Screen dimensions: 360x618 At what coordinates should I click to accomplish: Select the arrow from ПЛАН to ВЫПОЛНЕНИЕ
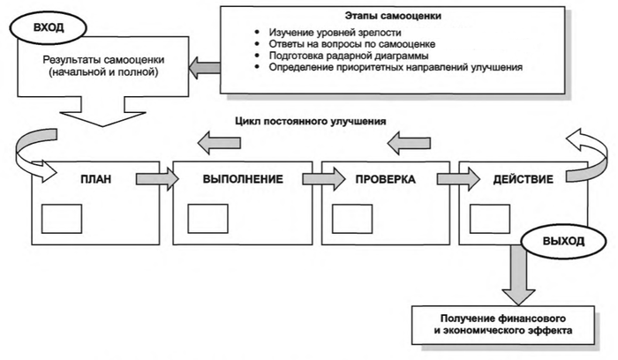(x=152, y=179)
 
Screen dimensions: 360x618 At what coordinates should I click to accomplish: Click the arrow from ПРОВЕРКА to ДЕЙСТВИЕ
(x=452, y=179)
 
